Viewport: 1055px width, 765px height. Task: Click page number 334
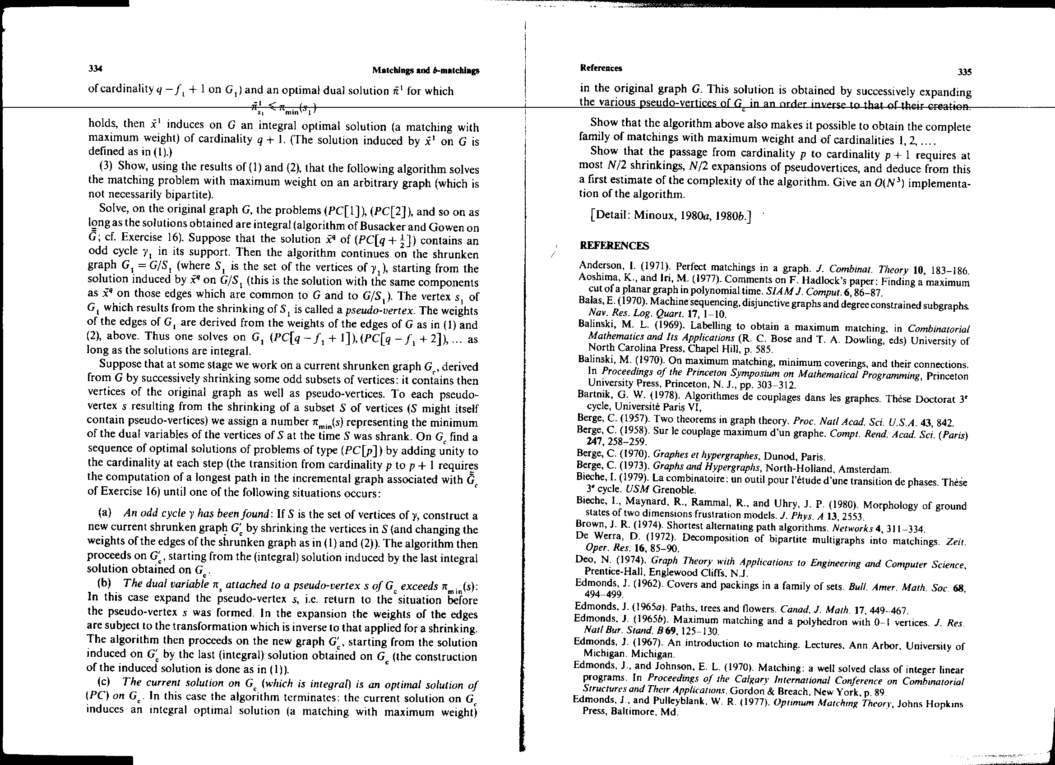(95, 69)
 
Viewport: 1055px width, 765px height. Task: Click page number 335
(964, 72)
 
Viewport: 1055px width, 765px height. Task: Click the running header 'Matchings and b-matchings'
(426, 71)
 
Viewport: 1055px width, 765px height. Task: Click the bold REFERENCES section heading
(615, 245)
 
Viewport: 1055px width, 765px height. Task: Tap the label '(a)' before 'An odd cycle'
(105, 513)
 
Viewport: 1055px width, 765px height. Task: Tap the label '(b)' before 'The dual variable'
(105, 584)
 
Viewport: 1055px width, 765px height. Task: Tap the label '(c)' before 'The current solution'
(105, 683)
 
